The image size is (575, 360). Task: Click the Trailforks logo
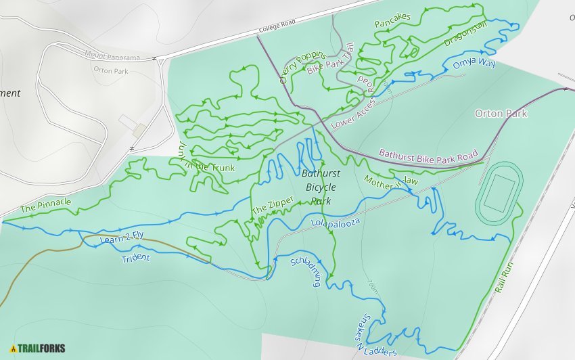click(38, 348)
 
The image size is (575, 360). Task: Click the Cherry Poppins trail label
click(302, 67)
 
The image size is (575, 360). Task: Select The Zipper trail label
click(273, 206)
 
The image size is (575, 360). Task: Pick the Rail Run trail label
click(504, 277)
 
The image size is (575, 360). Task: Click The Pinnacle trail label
click(45, 204)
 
